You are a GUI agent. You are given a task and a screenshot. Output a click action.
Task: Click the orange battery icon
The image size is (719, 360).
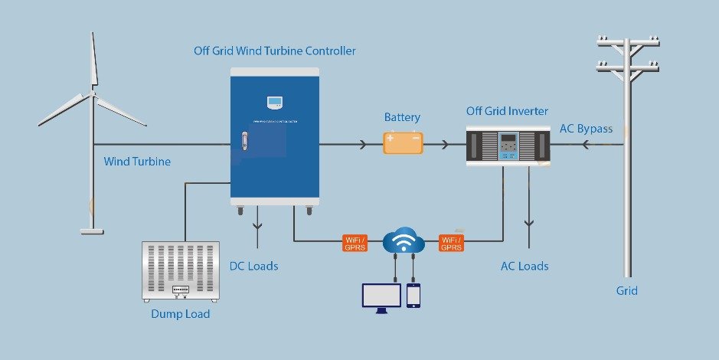[x=403, y=142]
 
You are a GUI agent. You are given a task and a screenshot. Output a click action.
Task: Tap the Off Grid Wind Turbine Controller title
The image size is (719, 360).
[x=274, y=51]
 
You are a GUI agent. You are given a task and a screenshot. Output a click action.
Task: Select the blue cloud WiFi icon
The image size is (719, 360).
[x=404, y=242]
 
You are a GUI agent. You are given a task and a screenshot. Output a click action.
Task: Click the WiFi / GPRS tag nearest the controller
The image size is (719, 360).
[x=355, y=243]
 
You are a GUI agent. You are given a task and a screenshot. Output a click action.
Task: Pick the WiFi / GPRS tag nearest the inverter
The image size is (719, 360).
[x=452, y=243]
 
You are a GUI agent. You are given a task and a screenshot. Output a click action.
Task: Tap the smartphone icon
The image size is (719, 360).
[x=413, y=296]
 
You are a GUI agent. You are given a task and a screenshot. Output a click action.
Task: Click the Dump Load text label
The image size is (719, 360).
[x=181, y=313]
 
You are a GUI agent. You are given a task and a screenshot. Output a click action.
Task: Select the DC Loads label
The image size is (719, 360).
[x=253, y=266]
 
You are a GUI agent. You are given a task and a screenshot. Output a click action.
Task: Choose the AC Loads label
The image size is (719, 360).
[x=525, y=266]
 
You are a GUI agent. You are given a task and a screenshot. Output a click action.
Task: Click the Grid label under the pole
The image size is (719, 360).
[x=626, y=290]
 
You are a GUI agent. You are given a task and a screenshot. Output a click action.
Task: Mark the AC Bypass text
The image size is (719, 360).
[x=586, y=129]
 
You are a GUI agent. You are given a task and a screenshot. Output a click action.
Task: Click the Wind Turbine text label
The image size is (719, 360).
[x=137, y=162]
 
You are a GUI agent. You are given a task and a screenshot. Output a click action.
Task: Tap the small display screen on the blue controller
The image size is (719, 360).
[x=274, y=101]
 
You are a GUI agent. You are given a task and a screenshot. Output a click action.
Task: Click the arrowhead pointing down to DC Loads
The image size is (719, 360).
[x=257, y=225]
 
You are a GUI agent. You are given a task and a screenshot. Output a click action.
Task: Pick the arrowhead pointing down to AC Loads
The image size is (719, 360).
[x=528, y=223]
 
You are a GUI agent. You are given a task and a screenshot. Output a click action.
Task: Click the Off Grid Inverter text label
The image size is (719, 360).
[x=507, y=111]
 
